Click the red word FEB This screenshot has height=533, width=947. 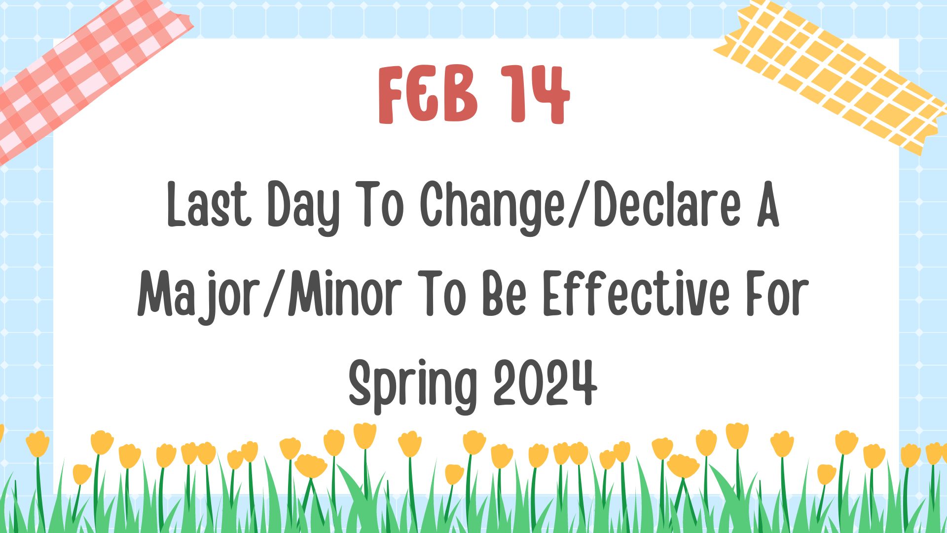[x=428, y=94]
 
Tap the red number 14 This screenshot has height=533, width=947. [x=536, y=94]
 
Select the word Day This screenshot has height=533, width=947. [x=304, y=207]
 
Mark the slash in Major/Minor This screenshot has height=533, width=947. [x=276, y=294]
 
